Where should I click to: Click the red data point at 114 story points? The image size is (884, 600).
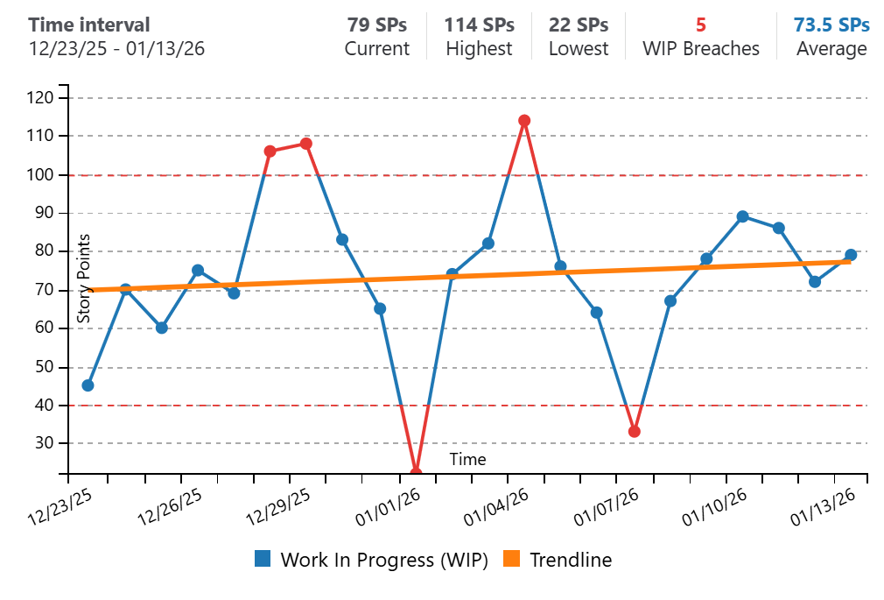[524, 121]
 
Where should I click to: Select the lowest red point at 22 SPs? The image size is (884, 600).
[416, 473]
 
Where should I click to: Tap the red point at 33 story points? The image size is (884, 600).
[634, 432]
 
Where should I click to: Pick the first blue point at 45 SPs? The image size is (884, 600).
[88, 385]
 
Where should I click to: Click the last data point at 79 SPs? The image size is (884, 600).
[851, 255]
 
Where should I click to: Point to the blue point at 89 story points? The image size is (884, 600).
[742, 216]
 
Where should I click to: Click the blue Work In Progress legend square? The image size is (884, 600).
[263, 559]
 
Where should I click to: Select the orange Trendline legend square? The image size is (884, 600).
[512, 559]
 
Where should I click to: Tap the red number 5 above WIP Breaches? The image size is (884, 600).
[701, 25]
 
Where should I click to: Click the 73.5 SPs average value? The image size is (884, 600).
[831, 25]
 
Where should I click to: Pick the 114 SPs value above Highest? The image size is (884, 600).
[479, 25]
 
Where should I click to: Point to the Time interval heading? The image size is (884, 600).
[89, 25]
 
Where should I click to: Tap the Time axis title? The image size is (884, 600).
[467, 459]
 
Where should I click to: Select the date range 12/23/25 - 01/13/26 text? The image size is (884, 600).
[116, 48]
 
